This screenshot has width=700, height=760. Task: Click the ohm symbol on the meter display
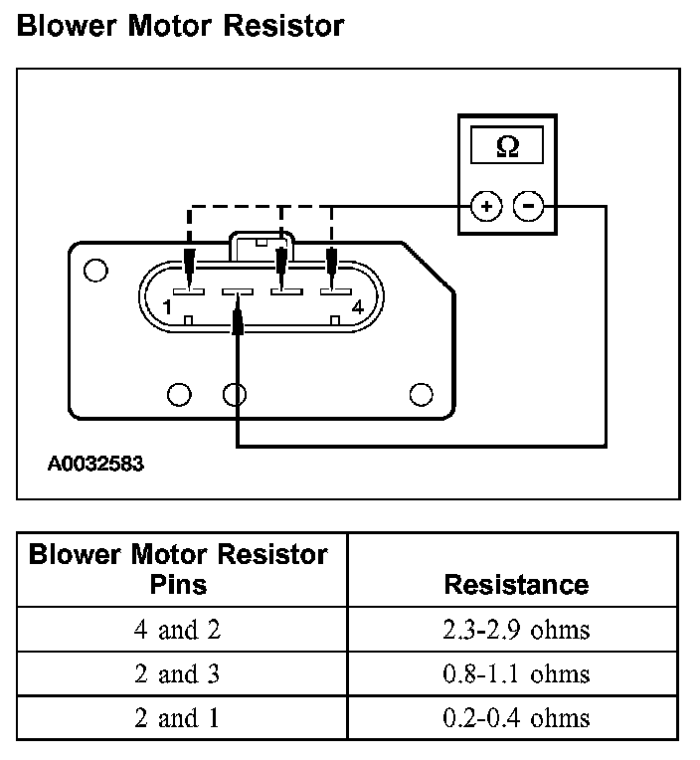tap(507, 146)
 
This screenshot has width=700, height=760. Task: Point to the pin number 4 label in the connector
tap(357, 308)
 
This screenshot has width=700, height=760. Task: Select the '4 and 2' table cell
tap(178, 629)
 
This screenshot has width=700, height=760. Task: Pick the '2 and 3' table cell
tap(178, 673)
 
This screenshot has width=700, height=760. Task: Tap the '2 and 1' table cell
tap(178, 717)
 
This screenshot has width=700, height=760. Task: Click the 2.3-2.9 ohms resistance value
tap(516, 629)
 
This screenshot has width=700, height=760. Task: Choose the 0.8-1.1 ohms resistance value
tap(516, 673)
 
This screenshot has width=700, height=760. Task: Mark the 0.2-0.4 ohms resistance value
tap(516, 717)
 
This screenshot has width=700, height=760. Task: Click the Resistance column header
tap(516, 584)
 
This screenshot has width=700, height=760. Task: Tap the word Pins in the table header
tap(178, 584)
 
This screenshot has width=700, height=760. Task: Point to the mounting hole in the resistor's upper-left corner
tap(94, 270)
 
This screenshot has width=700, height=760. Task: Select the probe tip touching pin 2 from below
tap(237, 321)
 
